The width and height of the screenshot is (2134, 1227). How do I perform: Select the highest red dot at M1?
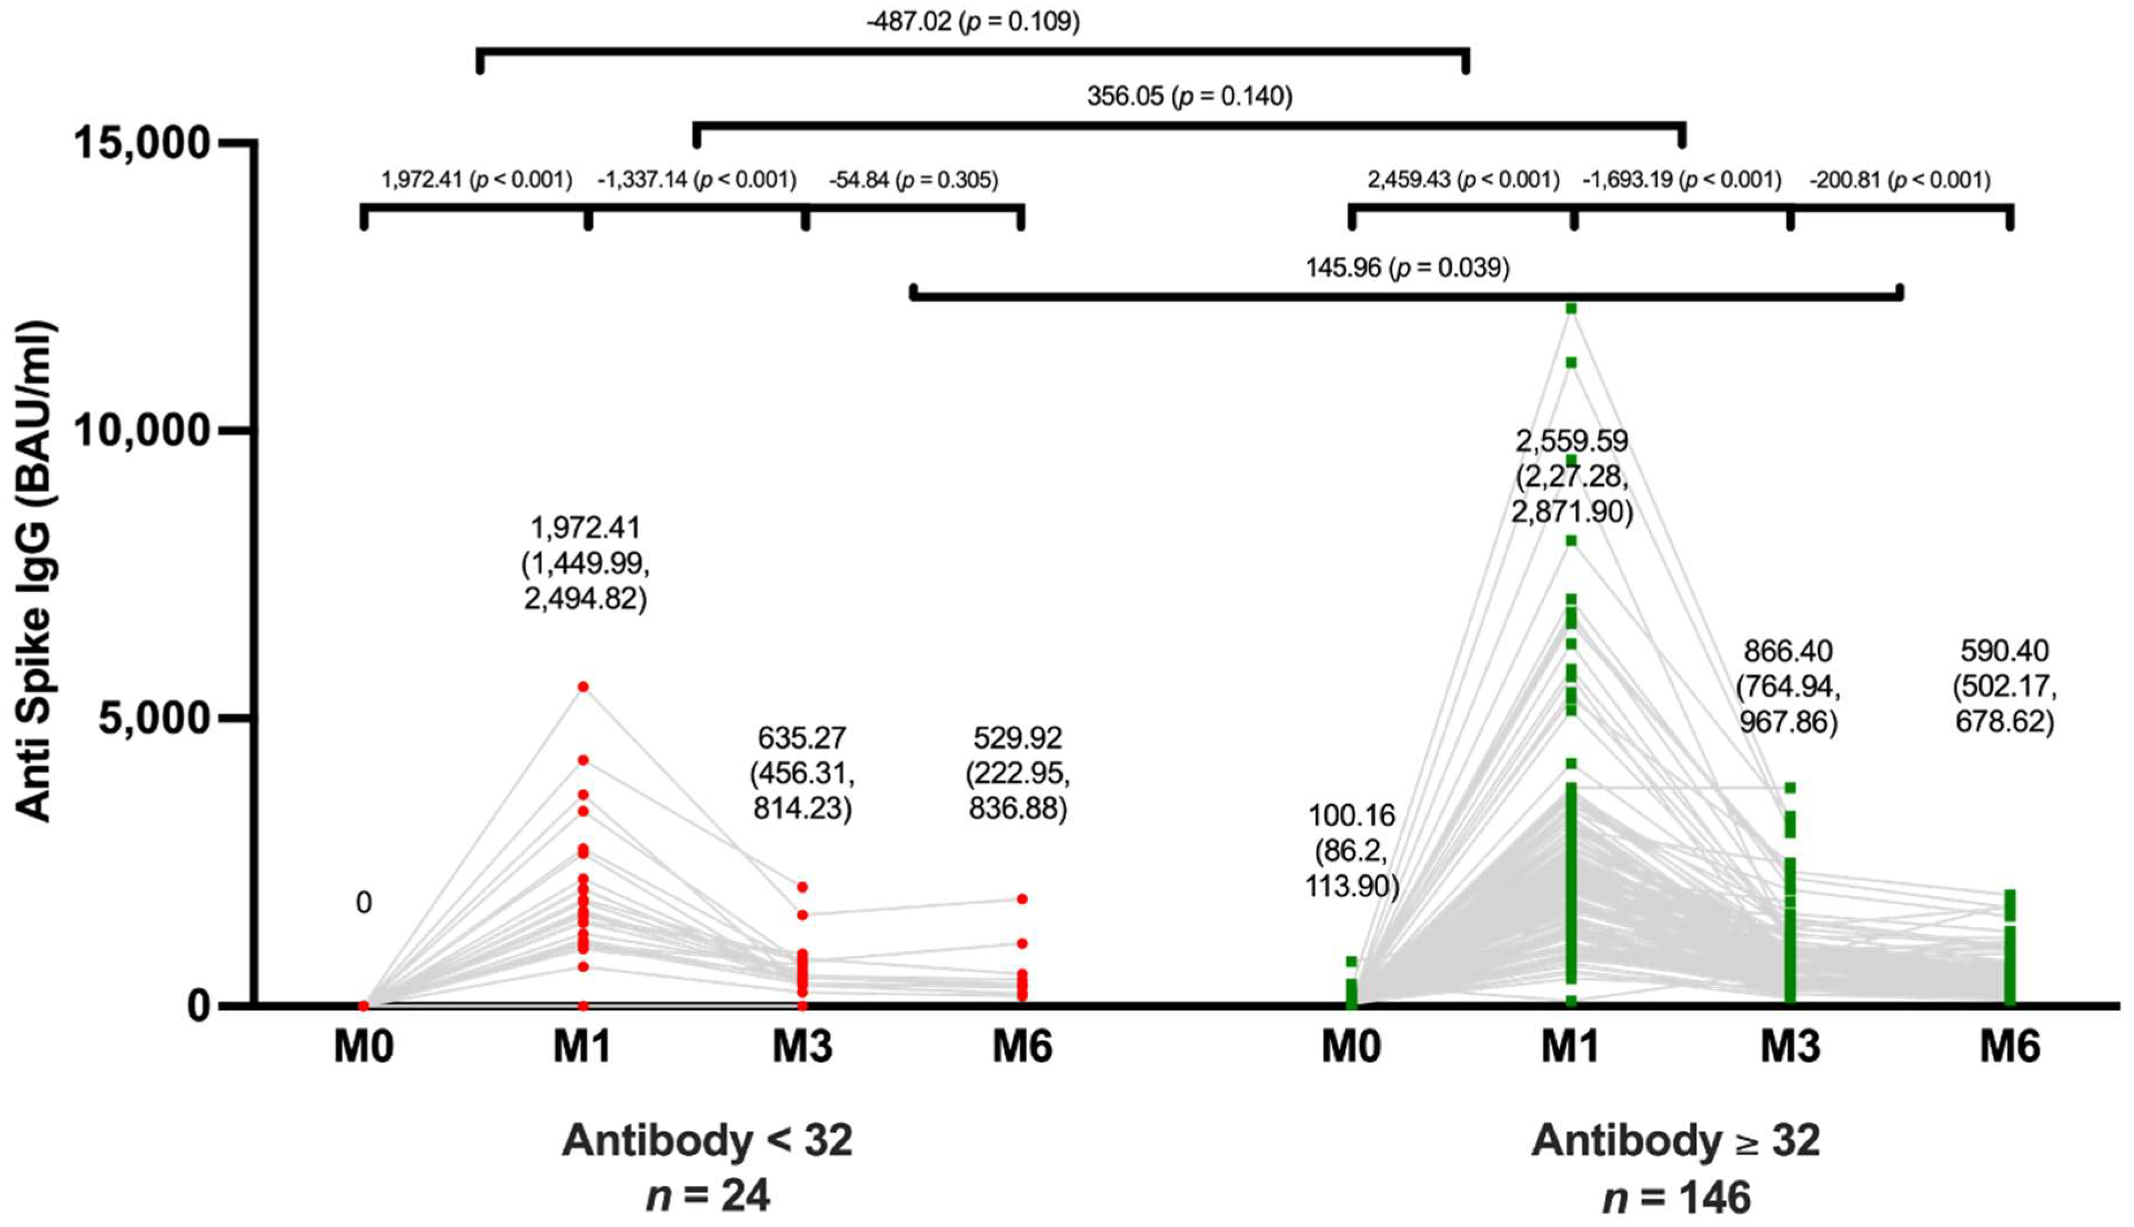(583, 687)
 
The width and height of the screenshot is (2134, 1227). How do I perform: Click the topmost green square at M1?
(1571, 308)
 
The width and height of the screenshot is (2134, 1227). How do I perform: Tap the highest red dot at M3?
(802, 886)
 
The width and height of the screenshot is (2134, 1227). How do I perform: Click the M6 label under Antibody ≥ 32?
(2010, 1047)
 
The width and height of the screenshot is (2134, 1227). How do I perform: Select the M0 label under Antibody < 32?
(363, 1047)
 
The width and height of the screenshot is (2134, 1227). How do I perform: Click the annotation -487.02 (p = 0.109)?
(973, 21)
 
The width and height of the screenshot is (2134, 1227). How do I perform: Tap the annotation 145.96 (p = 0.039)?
(1408, 268)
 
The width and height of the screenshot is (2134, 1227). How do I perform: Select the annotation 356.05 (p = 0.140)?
(1189, 96)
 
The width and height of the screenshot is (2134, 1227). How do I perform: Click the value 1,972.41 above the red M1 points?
(585, 528)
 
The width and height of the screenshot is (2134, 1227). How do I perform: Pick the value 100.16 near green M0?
(1351, 815)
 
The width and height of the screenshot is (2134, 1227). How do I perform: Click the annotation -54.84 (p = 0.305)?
(913, 180)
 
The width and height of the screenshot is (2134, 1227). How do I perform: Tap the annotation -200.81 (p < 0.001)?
(1899, 180)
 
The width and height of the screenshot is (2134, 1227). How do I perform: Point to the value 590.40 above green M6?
(2004, 650)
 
